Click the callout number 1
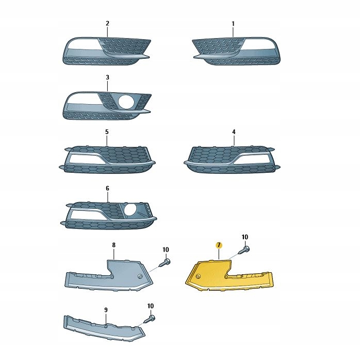tap(233, 24)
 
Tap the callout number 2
tap(107, 23)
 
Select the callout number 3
tap(107, 77)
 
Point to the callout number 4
tap(234, 132)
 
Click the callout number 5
tap(107, 132)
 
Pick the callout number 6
tap(107, 188)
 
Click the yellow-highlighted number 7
tap(219, 245)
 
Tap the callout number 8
tap(113, 245)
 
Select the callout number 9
tap(106, 310)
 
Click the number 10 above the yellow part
tap(245, 237)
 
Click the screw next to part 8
tap(165, 263)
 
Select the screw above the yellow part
tap(244, 251)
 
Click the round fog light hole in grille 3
tap(126, 102)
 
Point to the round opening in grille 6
tap(131, 210)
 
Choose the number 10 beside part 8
tap(166, 250)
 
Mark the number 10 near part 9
tap(151, 306)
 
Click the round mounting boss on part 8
tap(140, 276)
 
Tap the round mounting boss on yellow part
tap(198, 276)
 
